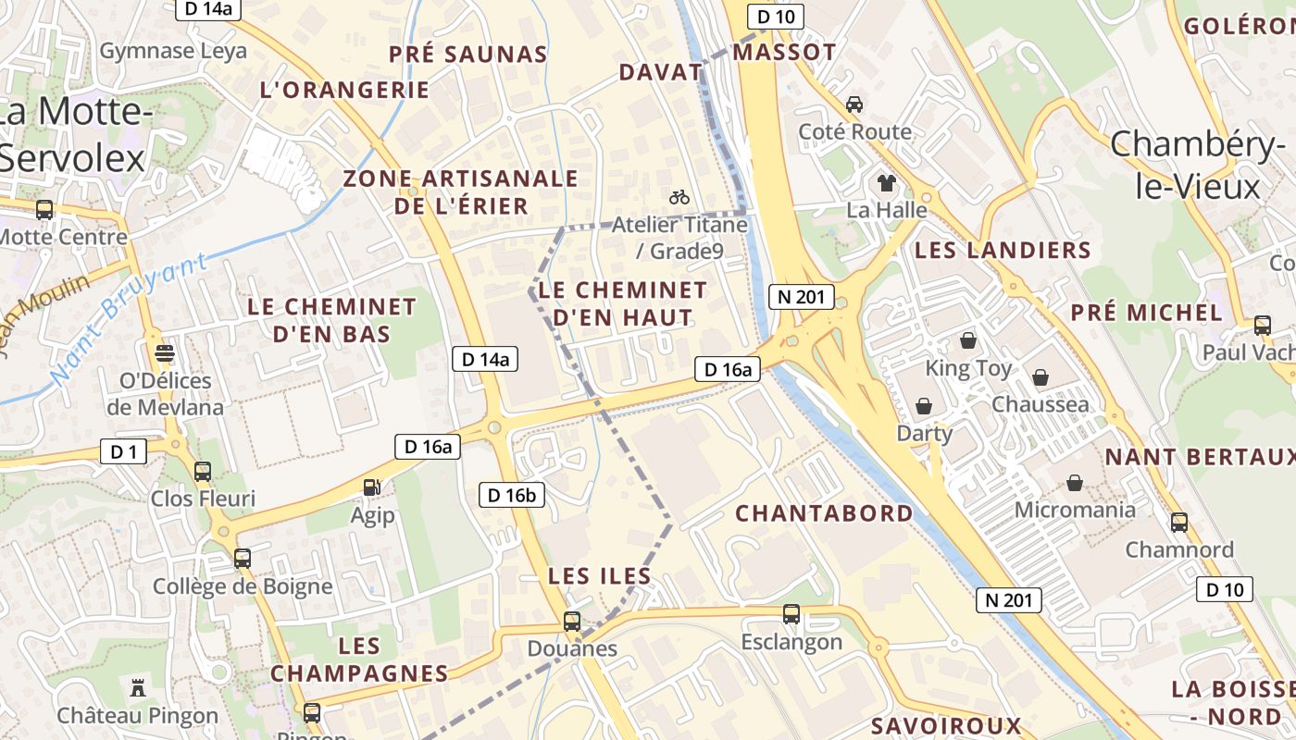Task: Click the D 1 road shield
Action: click(x=123, y=451)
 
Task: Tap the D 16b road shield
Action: click(x=512, y=495)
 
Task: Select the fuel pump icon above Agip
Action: click(x=372, y=487)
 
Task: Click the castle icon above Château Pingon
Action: click(x=138, y=687)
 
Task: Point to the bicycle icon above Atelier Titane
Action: click(x=679, y=197)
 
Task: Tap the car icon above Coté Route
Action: click(x=854, y=104)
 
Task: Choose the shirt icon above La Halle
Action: click(x=886, y=182)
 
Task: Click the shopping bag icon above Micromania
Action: click(x=1075, y=482)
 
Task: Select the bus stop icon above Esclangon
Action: click(x=791, y=613)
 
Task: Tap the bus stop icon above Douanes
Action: click(x=572, y=621)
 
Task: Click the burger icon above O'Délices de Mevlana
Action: click(x=165, y=352)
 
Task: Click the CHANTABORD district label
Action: click(x=824, y=512)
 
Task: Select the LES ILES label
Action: click(x=600, y=576)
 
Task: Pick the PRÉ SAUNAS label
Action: click(x=467, y=55)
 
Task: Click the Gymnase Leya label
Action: click(x=173, y=50)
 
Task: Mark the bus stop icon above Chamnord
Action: click(x=1179, y=523)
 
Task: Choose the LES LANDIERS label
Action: click(x=1003, y=250)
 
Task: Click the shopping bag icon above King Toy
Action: click(x=968, y=340)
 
